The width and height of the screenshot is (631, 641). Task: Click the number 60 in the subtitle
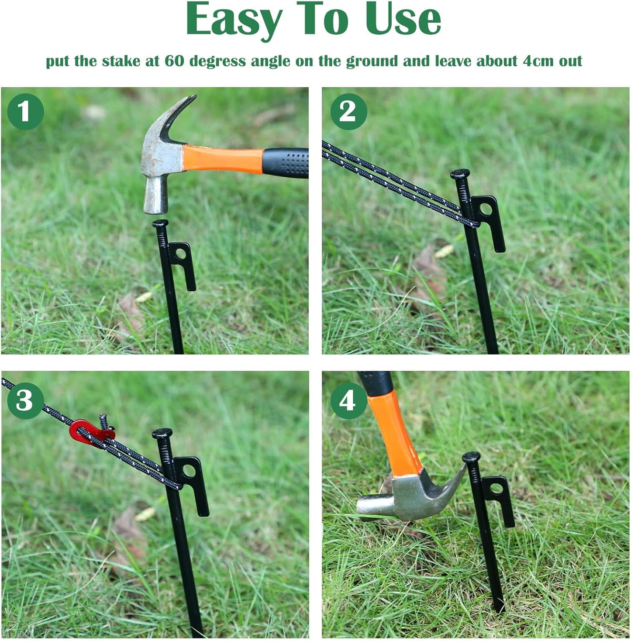coord(174,61)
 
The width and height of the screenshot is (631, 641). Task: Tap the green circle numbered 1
coord(25,111)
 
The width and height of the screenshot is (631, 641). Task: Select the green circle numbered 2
coord(348,111)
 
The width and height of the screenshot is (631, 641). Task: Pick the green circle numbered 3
coord(25,400)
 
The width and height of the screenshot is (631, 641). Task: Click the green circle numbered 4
coord(348,400)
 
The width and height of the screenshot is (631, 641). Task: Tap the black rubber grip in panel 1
coord(286,163)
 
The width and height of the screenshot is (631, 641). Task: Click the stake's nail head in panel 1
coord(160,224)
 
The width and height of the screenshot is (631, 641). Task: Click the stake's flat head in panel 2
coord(460,174)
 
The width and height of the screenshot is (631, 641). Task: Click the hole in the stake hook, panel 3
coord(189,471)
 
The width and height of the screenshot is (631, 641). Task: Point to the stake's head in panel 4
coord(471,457)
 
